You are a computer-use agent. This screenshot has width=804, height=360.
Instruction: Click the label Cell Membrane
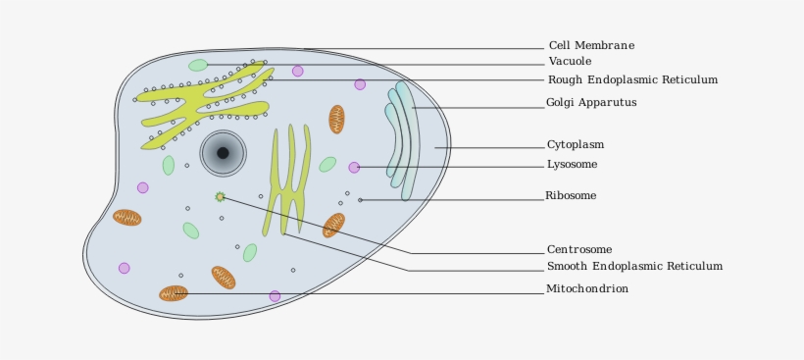click(x=591, y=45)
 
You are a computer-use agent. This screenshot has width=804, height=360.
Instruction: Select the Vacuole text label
click(x=570, y=62)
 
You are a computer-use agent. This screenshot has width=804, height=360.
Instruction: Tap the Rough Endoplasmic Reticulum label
click(x=632, y=79)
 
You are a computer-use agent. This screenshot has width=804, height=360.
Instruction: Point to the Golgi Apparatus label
click(x=591, y=102)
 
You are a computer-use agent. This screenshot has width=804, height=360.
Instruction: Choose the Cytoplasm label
click(x=576, y=145)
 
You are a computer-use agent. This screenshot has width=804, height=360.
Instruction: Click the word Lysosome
click(x=572, y=165)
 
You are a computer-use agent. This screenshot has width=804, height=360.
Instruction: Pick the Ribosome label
click(x=571, y=196)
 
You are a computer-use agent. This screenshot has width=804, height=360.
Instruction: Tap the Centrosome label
click(x=579, y=249)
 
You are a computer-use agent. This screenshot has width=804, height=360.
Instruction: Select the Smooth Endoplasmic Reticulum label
click(x=634, y=266)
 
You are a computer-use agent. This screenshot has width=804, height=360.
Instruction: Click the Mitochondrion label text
click(x=587, y=288)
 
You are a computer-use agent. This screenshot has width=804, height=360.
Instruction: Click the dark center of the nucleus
click(x=223, y=153)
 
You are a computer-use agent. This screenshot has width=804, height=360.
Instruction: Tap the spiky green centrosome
click(x=220, y=197)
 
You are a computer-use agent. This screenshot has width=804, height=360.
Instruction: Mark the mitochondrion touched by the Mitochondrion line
click(x=174, y=293)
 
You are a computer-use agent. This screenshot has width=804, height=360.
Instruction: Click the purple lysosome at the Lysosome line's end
click(x=354, y=168)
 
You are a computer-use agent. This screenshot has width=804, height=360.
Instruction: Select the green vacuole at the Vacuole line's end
click(x=198, y=66)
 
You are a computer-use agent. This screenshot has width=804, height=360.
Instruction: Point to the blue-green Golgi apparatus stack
click(x=403, y=137)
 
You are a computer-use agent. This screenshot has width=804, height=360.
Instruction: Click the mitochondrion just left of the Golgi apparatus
click(x=336, y=119)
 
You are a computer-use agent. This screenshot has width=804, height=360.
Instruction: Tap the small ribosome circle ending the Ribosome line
click(x=360, y=200)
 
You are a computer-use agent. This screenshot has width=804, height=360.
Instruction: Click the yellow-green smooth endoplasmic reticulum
click(x=287, y=180)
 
